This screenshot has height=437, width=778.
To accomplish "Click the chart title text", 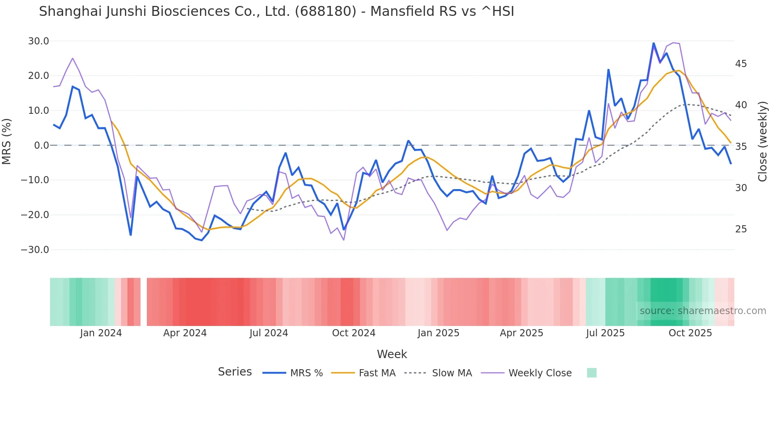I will tap(276, 11).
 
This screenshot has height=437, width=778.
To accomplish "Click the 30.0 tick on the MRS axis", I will tap(39, 41).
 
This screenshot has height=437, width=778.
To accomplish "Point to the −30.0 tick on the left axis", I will tap(35, 250).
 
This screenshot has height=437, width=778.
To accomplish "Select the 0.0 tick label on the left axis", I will tap(41, 146).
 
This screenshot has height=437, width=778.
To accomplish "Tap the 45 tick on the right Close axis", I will tap(741, 64).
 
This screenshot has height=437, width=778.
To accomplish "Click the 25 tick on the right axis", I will tap(741, 229).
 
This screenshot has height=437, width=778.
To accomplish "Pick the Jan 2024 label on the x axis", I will tap(101, 333).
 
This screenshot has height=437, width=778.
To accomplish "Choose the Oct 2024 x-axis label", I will tap(354, 333).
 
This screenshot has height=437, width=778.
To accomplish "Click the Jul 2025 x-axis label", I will tap(605, 333).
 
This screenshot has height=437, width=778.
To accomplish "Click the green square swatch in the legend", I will tap(591, 373).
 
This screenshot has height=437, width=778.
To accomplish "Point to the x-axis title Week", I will tap(392, 354).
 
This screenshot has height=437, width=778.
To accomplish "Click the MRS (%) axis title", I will tap(7, 142).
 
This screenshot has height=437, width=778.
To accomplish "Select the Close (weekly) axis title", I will tap(762, 142).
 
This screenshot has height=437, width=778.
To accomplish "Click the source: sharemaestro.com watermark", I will tap(703, 311).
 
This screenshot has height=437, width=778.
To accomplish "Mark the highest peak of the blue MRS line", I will tap(653, 43).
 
